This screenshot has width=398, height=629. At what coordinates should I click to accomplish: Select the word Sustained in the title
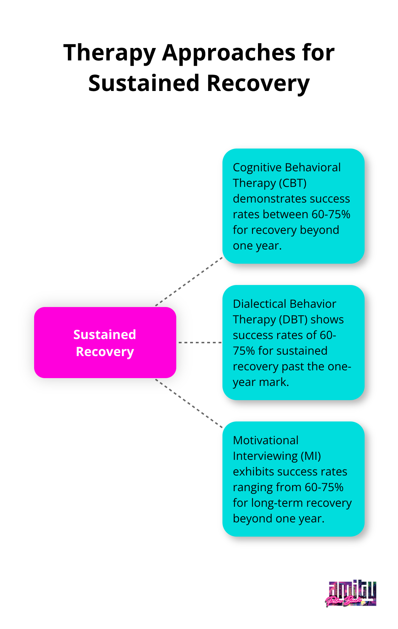coord(144,84)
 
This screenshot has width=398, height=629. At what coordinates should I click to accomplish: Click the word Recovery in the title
coord(258,84)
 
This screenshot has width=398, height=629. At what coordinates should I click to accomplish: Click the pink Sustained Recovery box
coord(105,343)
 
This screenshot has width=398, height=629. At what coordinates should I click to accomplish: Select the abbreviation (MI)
coord(311,456)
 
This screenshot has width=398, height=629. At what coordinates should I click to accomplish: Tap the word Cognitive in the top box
coord(257,167)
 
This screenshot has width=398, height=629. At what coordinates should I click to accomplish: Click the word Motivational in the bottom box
coord(265,440)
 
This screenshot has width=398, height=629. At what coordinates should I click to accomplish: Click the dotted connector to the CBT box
coord(189,281)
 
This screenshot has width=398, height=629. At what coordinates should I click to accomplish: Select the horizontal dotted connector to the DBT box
coord(200,343)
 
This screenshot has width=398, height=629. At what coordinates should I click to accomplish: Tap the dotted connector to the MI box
coord(189,403)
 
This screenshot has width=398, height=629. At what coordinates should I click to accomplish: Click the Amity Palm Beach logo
coord(351,593)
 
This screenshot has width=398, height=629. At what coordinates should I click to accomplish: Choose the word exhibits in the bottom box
coord(253,472)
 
